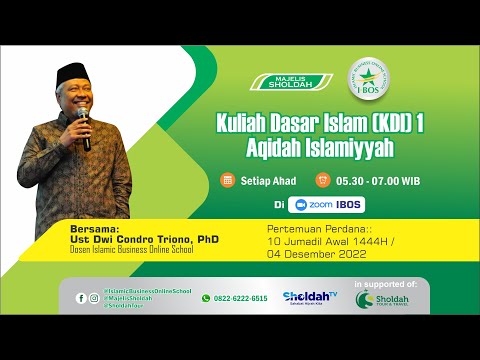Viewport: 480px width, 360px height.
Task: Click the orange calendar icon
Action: (x=228, y=180)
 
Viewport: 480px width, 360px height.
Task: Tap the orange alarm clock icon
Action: (x=322, y=180)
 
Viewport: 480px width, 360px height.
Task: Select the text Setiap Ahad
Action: (x=263, y=180)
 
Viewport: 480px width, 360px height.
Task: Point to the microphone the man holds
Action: (x=84, y=128)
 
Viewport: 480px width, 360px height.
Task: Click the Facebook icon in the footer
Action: (x=81, y=298)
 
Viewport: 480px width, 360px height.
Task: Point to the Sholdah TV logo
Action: (x=310, y=298)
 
